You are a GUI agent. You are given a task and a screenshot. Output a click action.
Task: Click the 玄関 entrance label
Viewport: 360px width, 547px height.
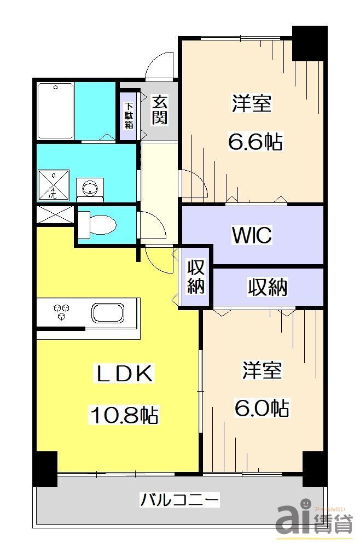(159, 110)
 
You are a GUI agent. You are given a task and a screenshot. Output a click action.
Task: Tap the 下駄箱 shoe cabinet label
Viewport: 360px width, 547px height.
(129, 115)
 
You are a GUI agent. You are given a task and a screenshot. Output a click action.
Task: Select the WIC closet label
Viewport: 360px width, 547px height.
(252, 235)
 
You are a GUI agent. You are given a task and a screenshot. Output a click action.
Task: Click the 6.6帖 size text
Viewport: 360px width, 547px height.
(255, 141)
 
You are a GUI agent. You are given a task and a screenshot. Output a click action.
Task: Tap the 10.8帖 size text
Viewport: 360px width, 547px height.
(124, 415)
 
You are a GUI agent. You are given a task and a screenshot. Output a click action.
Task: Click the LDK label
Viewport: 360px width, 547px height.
(124, 374)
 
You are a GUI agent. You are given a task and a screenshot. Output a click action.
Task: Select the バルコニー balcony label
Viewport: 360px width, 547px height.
(179, 500)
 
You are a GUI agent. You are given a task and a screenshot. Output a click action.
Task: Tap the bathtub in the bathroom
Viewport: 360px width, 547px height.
(55, 111)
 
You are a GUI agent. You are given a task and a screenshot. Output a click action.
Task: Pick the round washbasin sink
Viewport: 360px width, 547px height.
(90, 189)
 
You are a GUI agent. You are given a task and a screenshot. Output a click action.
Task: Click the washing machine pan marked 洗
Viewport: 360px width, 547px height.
(54, 185)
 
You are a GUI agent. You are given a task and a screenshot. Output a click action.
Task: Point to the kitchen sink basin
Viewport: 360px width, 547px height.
(108, 313)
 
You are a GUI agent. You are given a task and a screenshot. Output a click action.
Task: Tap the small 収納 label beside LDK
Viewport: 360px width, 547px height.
(195, 277)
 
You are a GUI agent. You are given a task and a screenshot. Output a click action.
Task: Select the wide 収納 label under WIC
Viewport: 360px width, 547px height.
(268, 287)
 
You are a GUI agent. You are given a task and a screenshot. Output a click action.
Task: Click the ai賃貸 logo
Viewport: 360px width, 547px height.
(314, 521)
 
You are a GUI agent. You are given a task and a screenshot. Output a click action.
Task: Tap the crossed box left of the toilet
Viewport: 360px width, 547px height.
(55, 215)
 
